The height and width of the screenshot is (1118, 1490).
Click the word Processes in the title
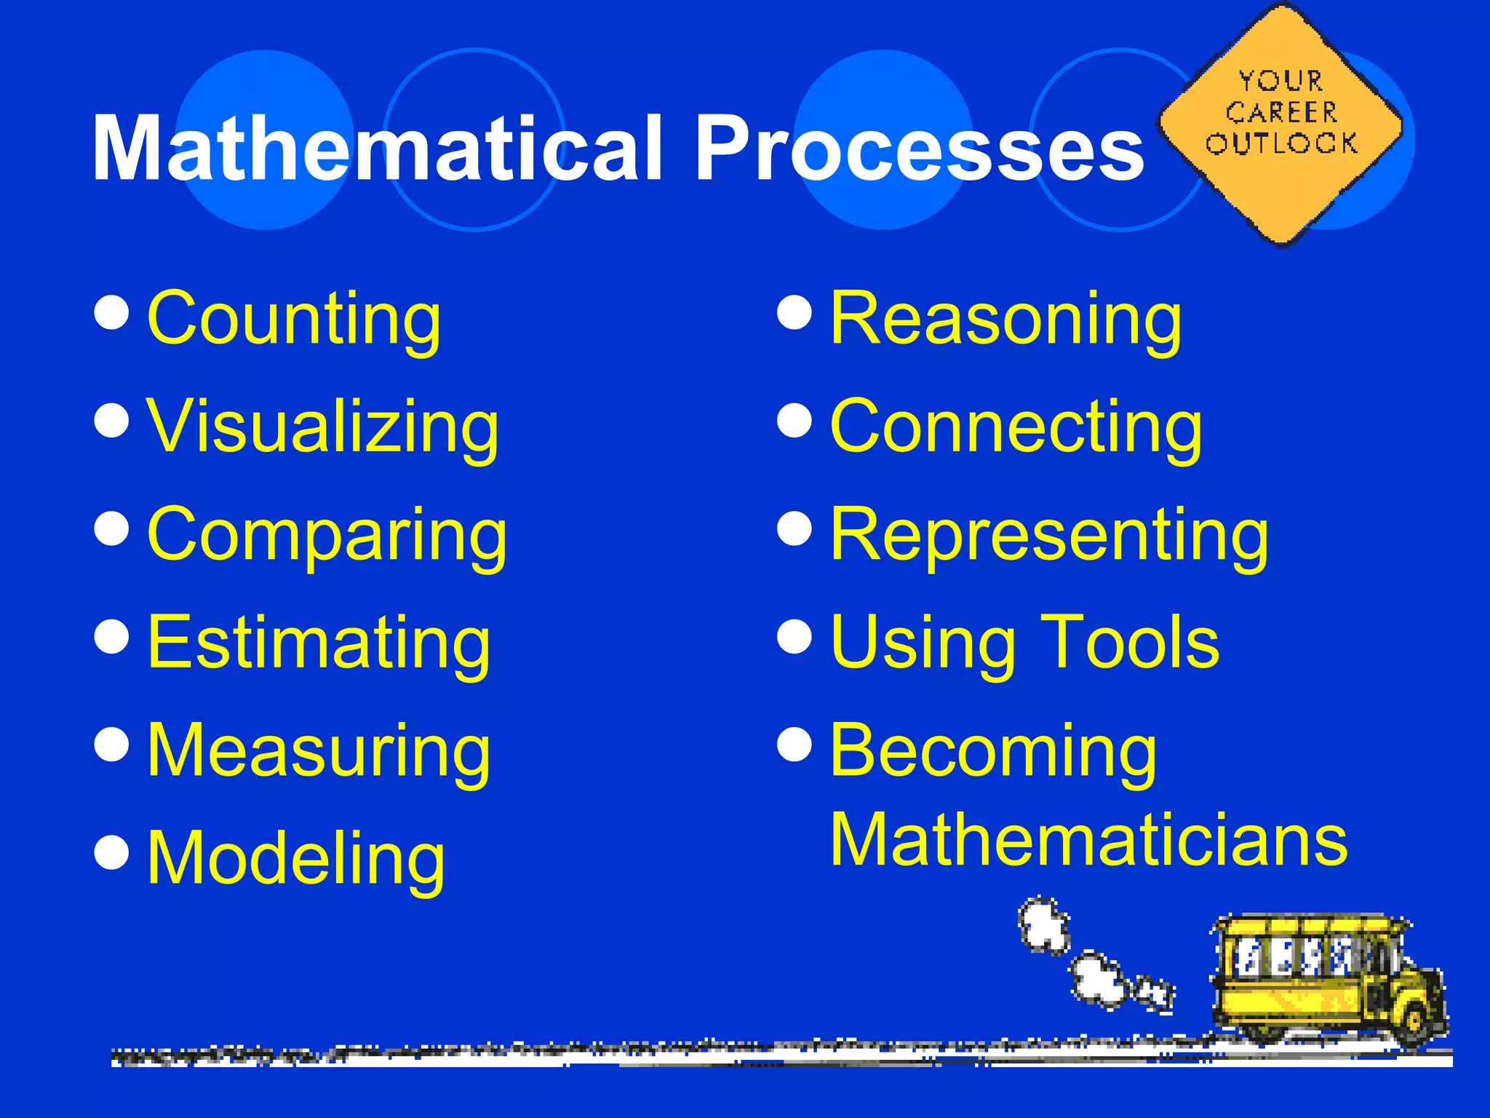[x=920, y=149]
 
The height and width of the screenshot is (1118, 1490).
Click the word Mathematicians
[x=1088, y=841]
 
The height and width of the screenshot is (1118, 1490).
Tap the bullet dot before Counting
[x=112, y=312]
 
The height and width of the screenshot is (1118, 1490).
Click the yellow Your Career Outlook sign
[x=1280, y=124]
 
